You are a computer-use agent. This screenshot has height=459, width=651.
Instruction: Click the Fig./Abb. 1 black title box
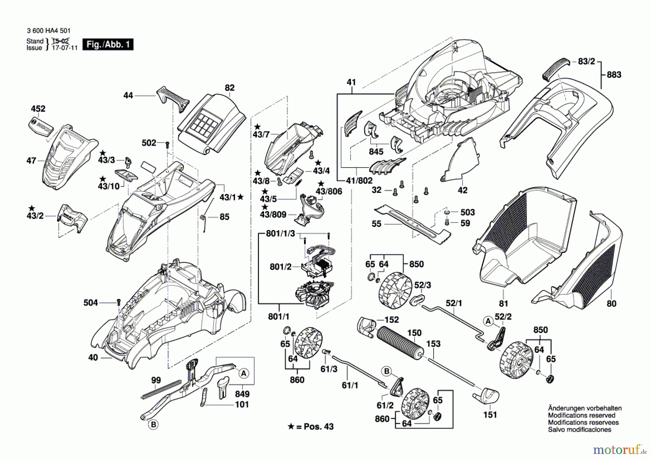[108, 44]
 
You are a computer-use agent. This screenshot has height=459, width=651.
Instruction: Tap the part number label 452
[38, 109]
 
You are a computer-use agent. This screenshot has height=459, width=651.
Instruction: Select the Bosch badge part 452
[41, 127]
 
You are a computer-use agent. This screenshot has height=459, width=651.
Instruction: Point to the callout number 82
[230, 88]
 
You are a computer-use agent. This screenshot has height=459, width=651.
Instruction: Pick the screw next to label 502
[167, 145]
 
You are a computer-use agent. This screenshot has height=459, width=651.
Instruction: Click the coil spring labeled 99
[161, 390]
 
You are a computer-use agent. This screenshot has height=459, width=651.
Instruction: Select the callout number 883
[614, 75]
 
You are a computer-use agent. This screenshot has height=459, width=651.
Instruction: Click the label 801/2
[281, 267]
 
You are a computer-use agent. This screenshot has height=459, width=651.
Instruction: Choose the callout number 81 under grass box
[503, 304]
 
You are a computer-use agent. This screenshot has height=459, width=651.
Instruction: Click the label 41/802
[359, 180]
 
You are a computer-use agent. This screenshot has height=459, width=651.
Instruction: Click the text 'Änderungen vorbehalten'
[585, 408]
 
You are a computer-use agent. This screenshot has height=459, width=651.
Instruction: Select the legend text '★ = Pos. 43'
[311, 426]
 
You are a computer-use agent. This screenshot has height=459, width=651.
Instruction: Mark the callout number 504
[90, 303]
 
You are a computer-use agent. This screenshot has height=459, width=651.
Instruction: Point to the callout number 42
[463, 190]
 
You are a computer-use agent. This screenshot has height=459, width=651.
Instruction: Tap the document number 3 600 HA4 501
[49, 31]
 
